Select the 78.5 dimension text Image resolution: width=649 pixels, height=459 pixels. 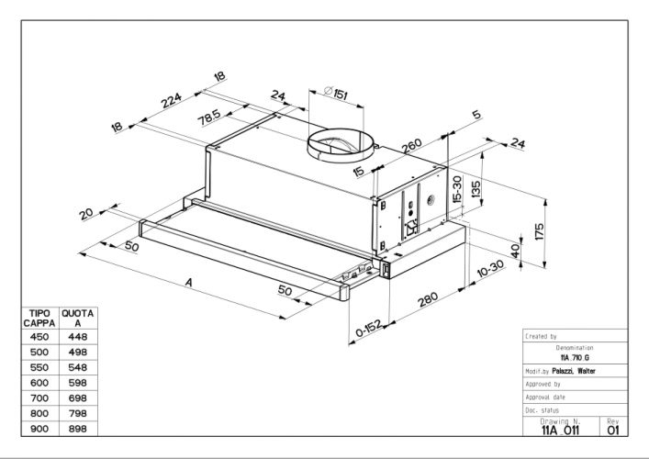tap(210, 118)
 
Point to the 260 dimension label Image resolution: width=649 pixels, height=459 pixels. tap(410, 148)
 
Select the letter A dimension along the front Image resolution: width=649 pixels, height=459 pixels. tap(189, 284)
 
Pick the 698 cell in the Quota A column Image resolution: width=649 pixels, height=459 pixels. tap(77, 397)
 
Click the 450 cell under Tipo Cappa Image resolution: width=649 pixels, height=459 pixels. tap(39, 336)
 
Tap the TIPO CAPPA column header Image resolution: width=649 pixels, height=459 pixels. tap(39, 318)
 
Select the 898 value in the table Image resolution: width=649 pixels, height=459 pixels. tap(77, 428)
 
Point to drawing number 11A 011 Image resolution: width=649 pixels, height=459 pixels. tap(560, 428)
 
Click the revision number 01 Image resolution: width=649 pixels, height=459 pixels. tap(614, 428)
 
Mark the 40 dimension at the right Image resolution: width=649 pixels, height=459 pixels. tap(515, 249)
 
